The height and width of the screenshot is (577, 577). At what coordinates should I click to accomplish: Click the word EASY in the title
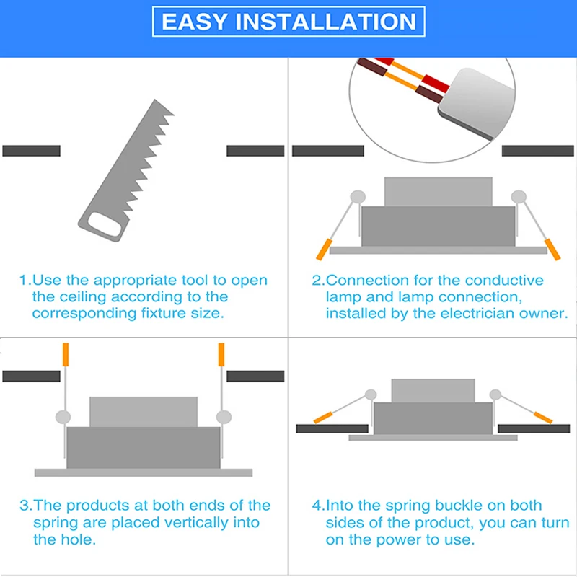coord(195,22)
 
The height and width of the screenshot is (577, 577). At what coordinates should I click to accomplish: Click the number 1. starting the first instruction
coord(25,281)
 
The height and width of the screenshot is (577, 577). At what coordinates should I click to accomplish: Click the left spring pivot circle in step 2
coord(356,196)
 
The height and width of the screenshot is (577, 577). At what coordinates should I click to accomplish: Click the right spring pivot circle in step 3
coord(224,416)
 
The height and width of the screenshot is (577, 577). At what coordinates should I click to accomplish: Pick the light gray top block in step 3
coord(144,411)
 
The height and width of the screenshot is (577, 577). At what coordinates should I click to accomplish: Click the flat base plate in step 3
coord(144,472)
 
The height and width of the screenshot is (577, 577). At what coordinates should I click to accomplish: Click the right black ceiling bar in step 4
coord(534,428)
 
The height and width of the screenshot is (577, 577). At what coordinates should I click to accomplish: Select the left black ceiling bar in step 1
coord(31,151)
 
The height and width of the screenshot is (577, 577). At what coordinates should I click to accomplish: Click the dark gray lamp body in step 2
coord(438,226)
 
